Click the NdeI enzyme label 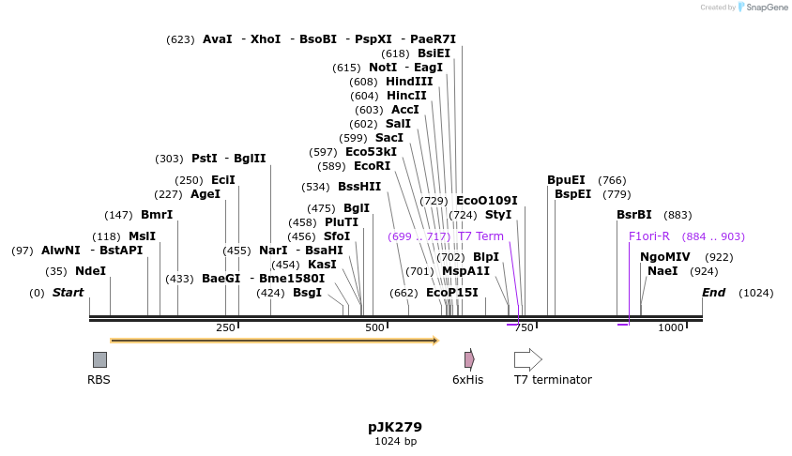pos(90,271)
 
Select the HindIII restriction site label pos(409,82)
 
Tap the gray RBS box pos(99,359)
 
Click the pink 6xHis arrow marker pos(469,359)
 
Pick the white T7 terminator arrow pos(527,359)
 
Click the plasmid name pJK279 pos(395,427)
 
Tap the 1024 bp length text pos(395,441)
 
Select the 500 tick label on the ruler pos(374,327)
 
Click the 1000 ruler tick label pos(670,327)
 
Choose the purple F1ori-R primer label pos(649,236)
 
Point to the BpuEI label pos(566,180)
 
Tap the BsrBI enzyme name pos(634,215)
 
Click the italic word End pos(714,293)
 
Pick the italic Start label pos(68,293)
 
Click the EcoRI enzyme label pos(372,166)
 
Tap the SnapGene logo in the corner pos(762,8)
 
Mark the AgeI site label pos(206,194)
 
